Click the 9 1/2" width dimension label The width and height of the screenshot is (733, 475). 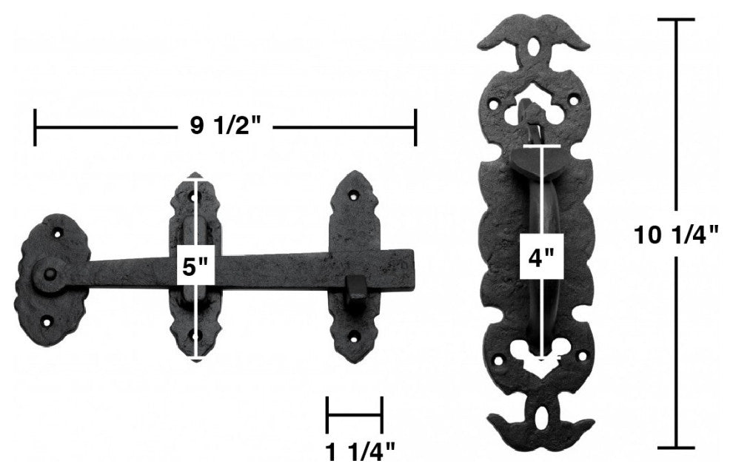tap(225, 127)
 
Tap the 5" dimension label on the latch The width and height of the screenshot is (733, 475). tap(195, 268)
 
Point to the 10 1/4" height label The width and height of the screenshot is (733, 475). tap(676, 235)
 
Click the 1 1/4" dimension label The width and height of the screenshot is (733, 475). tap(361, 453)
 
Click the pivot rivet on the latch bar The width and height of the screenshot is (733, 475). tap(48, 274)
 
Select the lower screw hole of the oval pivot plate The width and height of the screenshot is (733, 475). tap(47, 321)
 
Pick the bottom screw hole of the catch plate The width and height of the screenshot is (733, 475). tap(356, 334)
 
